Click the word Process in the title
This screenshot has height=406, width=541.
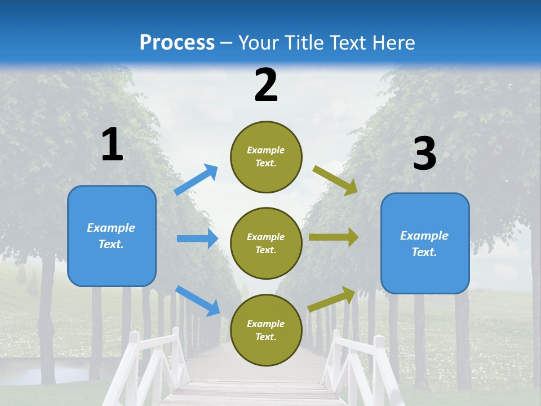point(177,43)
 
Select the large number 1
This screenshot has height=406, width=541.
point(112,145)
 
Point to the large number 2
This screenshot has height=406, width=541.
point(266,85)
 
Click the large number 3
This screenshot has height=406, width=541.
point(424,154)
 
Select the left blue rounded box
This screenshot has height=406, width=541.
point(112,236)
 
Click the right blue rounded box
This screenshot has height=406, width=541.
point(425,243)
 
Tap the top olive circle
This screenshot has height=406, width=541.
point(266,157)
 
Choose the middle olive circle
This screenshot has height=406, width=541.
point(266,243)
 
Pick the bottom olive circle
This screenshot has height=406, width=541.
point(266,330)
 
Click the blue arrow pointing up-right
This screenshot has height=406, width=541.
point(196,180)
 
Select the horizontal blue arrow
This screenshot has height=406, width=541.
point(197,239)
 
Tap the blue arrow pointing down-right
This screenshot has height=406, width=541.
point(197,301)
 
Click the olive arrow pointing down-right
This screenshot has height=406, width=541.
point(335,180)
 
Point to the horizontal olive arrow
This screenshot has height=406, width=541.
point(334,237)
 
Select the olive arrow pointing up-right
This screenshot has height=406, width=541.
point(332,298)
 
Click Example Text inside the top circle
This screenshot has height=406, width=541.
point(266,157)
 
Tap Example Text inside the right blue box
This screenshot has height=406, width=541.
point(424,244)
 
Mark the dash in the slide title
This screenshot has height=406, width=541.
point(227,43)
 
